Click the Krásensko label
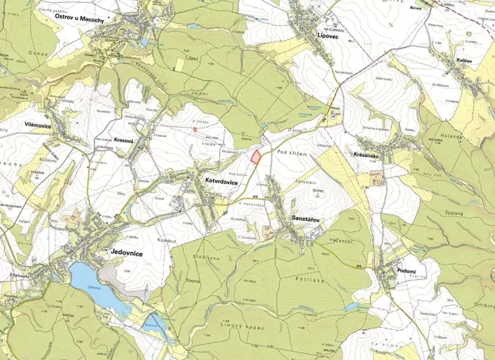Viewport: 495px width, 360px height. (x=369, y=155)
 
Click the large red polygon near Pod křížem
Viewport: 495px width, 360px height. (x=254, y=156)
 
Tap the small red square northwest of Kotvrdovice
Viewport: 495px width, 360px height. (x=195, y=130)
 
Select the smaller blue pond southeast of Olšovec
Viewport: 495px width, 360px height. (x=158, y=324)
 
